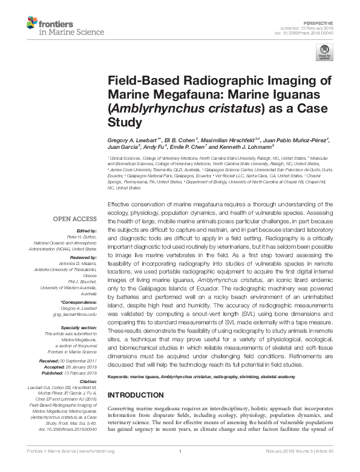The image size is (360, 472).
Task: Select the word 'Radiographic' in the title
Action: click(200, 82)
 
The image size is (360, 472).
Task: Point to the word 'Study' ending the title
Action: click(123, 122)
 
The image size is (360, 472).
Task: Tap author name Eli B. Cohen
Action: click(179, 140)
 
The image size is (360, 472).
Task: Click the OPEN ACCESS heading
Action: click(74, 219)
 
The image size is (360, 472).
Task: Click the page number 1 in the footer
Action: click(180, 468)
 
